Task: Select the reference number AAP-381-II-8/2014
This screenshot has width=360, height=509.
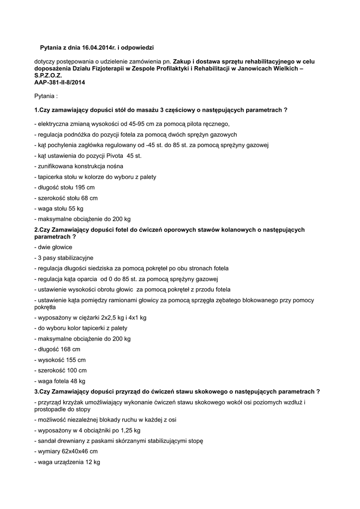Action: (60, 83)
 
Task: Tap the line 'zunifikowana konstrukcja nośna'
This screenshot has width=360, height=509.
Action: (78, 166)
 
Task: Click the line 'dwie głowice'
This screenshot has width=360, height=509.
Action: (53, 247)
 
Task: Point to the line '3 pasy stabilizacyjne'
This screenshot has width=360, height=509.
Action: (64, 257)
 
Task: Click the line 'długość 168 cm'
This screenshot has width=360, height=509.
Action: (57, 349)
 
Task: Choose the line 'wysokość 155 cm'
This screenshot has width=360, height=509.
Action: (60, 359)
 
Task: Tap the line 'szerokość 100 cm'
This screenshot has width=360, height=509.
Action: (60, 370)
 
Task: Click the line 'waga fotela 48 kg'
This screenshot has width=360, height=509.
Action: (60, 381)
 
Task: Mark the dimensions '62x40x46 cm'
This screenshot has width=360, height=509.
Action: (81, 451)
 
